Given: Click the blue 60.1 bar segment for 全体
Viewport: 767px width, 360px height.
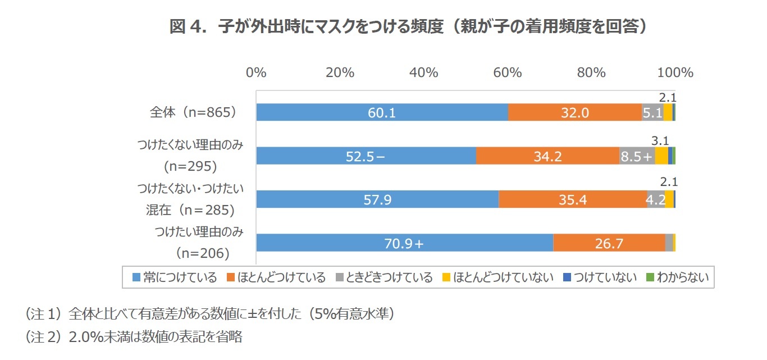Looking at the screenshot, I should pos(382,113).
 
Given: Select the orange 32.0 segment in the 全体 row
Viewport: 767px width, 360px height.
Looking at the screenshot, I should pos(575,113).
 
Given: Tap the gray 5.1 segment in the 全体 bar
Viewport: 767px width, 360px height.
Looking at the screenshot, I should pos(652,113).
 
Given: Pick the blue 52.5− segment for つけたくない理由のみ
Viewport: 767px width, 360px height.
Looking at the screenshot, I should pos(366,156).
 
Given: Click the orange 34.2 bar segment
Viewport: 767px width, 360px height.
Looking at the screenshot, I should pos(547,156).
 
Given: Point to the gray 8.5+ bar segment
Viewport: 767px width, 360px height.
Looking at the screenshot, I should pos(637,156).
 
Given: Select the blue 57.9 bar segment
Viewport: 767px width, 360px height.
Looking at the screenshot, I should pos(377,199).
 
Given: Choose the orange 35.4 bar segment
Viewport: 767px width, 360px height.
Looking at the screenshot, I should pos(573,199).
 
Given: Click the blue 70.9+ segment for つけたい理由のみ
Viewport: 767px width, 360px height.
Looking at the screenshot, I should pos(404,243).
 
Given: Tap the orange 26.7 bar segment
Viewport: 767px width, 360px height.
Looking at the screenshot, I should pos(609,243).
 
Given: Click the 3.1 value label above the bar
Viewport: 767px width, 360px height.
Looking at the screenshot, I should pos(660,141).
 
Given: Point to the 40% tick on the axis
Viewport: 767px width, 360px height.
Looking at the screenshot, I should pos(424,72).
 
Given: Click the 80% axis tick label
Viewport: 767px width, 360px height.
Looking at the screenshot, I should pos(591,72).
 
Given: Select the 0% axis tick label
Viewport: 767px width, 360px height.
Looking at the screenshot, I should pos(256,72).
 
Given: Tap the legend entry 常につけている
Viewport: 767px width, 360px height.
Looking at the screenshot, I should pos(175,277).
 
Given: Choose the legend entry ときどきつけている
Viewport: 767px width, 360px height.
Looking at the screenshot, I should pos(385,277).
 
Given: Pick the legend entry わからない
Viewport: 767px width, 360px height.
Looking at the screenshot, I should pos(678,277).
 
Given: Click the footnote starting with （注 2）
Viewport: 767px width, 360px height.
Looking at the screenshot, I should pos(134,337).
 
